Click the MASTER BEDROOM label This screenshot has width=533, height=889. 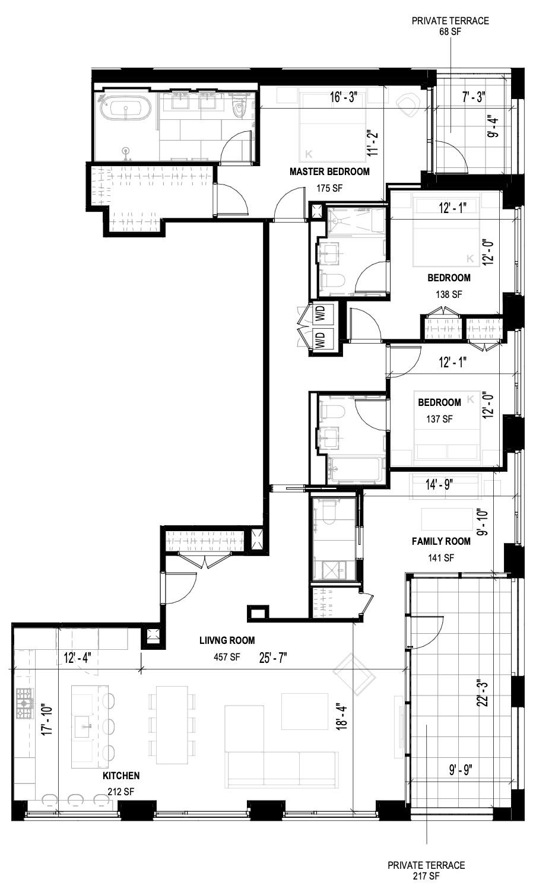pyautogui.click(x=329, y=172)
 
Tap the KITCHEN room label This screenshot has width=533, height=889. pyautogui.click(x=121, y=776)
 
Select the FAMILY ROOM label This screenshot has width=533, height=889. pyautogui.click(x=441, y=541)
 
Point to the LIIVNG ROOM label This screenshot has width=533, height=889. pyautogui.click(x=227, y=640)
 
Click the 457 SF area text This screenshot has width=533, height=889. pyautogui.click(x=227, y=657)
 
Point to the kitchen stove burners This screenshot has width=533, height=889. pyautogui.click(x=24, y=704)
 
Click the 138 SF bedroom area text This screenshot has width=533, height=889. pyautogui.click(x=448, y=294)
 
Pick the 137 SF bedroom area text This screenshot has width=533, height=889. pyautogui.click(x=439, y=418)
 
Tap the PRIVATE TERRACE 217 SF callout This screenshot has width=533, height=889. pyautogui.click(x=426, y=871)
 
